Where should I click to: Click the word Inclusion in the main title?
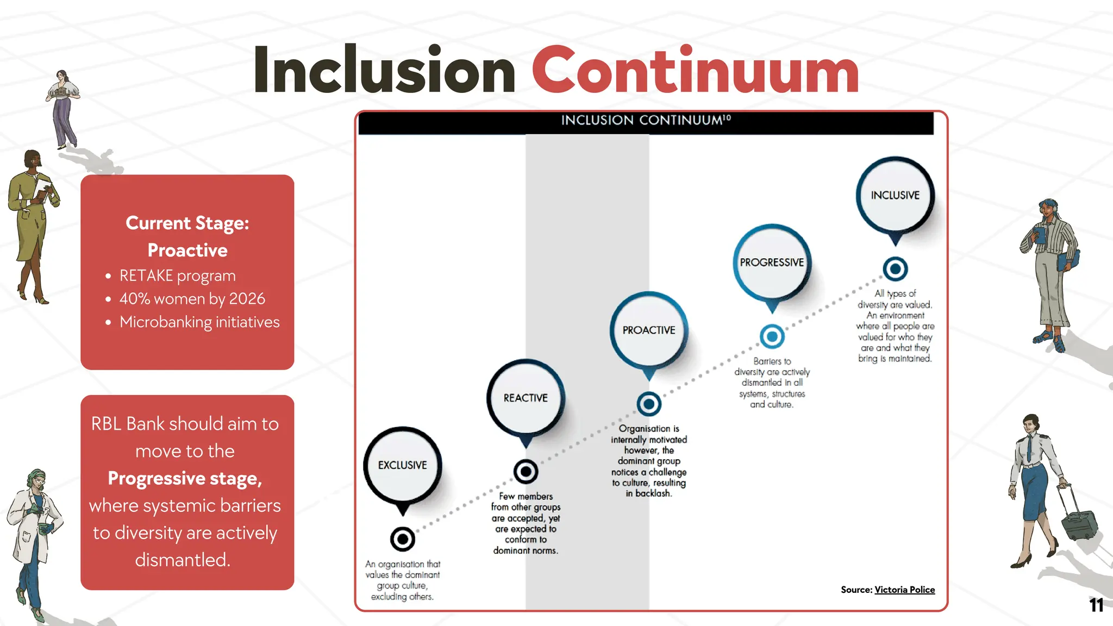pyautogui.click(x=384, y=71)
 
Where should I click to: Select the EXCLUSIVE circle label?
pyautogui.click(x=403, y=465)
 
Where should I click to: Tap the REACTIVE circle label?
pyautogui.click(x=526, y=398)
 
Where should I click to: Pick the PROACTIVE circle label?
pyautogui.click(x=649, y=330)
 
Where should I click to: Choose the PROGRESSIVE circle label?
pyautogui.click(x=772, y=262)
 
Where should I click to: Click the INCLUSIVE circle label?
pyautogui.click(x=895, y=195)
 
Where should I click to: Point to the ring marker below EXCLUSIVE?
pyautogui.click(x=403, y=539)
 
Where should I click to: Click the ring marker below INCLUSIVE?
pyautogui.click(x=895, y=268)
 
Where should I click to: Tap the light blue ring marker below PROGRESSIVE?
pyautogui.click(x=772, y=336)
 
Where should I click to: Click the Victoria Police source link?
pyautogui.click(x=904, y=590)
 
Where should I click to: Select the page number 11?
pyautogui.click(x=1096, y=605)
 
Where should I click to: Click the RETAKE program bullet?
pyautogui.click(x=177, y=276)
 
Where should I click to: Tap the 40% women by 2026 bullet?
pyautogui.click(x=192, y=299)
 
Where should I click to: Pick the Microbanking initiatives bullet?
pyautogui.click(x=199, y=322)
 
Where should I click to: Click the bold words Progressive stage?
pyautogui.click(x=185, y=478)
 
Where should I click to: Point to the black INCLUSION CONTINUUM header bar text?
pyautogui.click(x=646, y=120)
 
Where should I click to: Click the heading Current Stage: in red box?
pyautogui.click(x=187, y=223)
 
